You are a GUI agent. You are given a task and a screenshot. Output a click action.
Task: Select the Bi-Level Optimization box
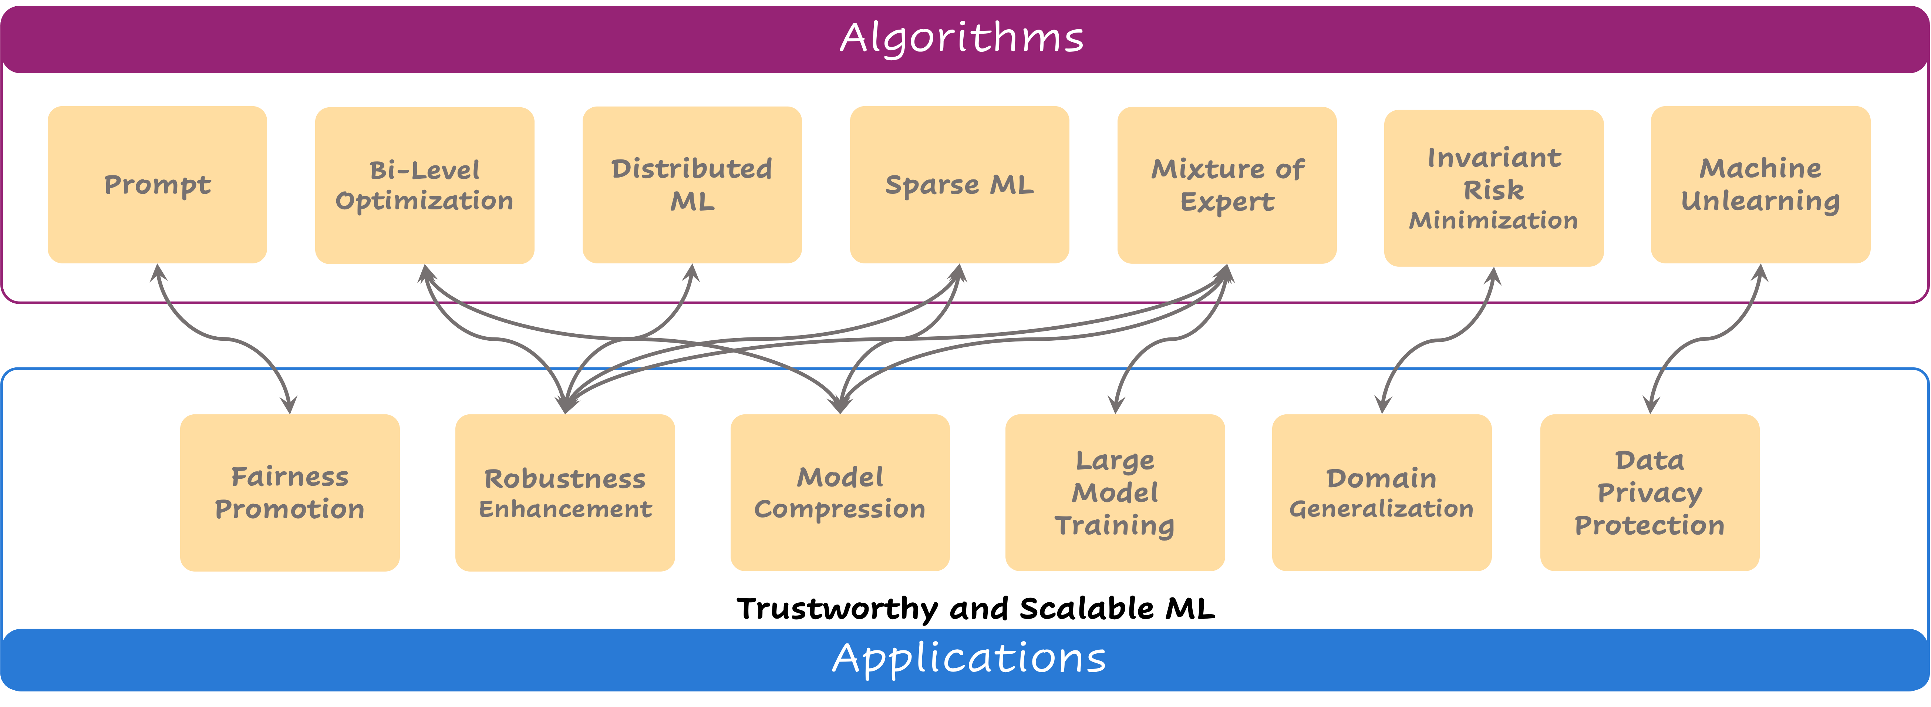tap(424, 185)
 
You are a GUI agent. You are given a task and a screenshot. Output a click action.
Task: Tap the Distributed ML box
tap(692, 185)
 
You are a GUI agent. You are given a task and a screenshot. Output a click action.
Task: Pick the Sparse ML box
tap(960, 185)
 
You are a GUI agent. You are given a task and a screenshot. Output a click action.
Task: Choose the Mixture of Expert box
tap(1227, 185)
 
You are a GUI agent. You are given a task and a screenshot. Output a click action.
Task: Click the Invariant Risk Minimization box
tap(1493, 188)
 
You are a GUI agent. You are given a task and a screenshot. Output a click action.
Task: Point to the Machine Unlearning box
tap(1760, 185)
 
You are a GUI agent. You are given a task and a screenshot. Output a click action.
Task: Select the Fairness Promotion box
tap(289, 492)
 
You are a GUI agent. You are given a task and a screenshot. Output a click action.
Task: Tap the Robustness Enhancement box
tap(565, 492)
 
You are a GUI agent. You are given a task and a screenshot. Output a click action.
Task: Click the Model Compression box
tap(840, 492)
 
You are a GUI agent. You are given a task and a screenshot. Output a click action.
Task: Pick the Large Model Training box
tap(1115, 492)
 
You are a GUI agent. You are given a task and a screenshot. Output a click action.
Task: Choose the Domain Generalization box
tap(1382, 492)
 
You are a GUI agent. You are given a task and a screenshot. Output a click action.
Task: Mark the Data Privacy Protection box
tap(1649, 492)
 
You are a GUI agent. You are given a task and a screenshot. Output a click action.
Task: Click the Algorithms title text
tap(962, 37)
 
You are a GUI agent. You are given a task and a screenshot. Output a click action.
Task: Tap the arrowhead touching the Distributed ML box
tap(692, 273)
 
